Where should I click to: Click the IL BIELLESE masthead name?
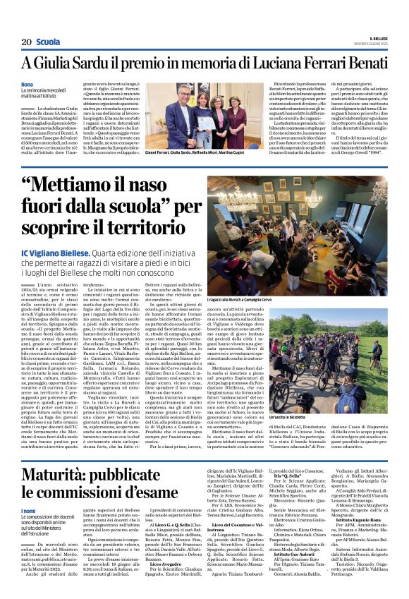coord(374,40)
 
